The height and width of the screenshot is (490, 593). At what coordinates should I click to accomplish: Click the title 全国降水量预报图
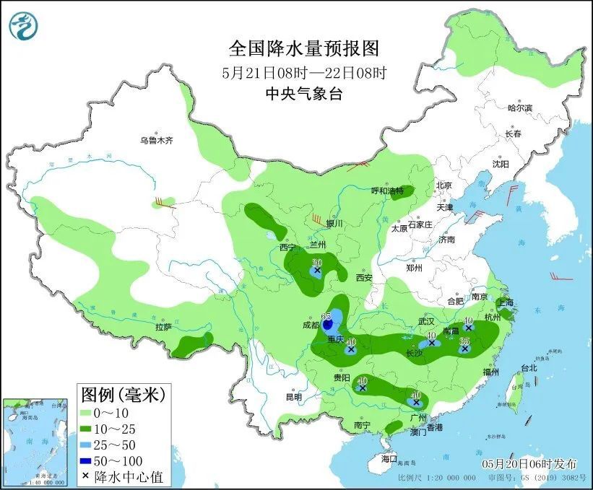click(303, 48)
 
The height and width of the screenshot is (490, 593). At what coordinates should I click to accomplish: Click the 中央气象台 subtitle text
click(303, 93)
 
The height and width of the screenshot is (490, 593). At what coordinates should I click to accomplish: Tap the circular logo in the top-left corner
click(23, 26)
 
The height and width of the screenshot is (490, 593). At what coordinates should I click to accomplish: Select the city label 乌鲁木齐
click(157, 141)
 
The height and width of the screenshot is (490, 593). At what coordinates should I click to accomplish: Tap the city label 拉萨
click(163, 327)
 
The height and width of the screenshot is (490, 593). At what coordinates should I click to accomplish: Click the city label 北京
click(443, 185)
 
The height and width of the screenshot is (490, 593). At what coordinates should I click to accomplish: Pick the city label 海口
click(389, 458)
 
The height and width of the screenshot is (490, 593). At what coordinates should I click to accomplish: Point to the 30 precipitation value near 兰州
click(316, 263)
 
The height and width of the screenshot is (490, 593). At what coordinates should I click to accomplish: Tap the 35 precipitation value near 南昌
click(465, 340)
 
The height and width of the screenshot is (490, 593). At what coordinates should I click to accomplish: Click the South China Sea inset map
click(36, 440)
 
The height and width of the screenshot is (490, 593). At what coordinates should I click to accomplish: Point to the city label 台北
click(529, 368)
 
